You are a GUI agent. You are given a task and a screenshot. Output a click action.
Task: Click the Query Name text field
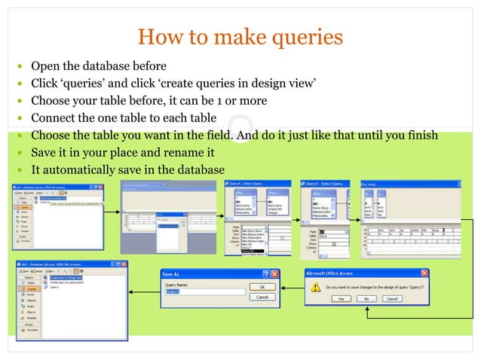(204, 291)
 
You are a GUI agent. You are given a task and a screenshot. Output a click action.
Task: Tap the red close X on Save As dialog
(274, 274)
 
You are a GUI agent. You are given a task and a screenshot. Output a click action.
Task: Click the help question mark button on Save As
(265, 274)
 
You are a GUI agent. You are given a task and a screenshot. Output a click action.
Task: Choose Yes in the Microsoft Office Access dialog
(340, 299)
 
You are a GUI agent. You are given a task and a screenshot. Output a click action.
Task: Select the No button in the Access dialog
(366, 299)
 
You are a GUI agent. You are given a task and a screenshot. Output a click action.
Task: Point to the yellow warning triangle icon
(314, 286)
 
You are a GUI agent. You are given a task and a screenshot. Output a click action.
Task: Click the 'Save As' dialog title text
(172, 274)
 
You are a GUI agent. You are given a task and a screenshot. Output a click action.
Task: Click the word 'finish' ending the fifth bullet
(421, 136)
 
